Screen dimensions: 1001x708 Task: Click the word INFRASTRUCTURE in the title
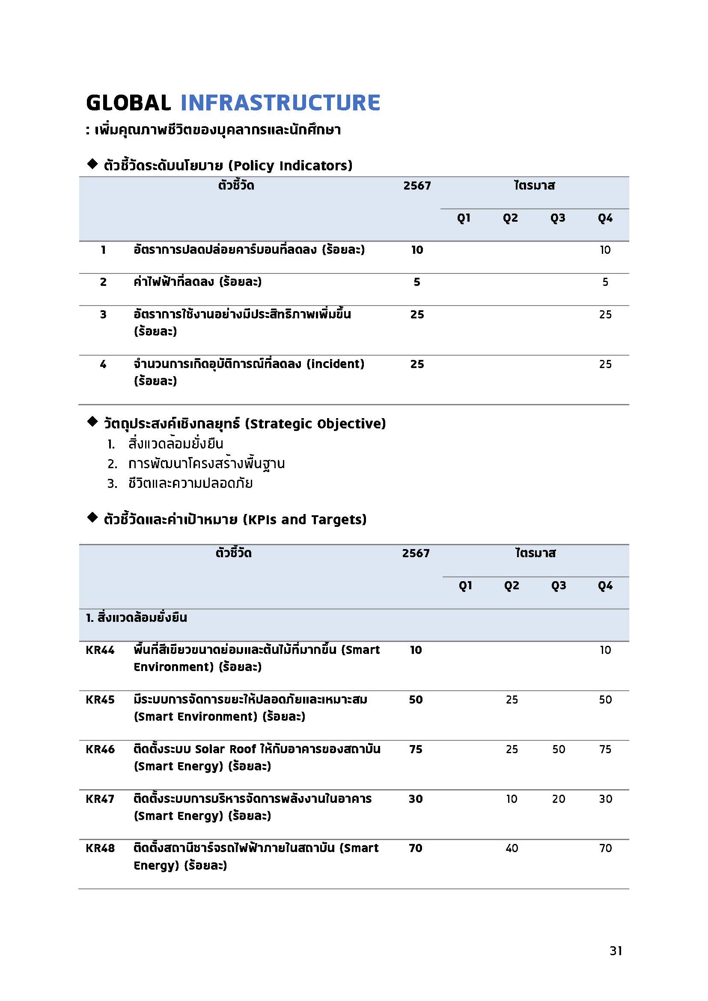pos(280,103)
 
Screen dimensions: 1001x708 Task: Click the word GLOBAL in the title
pos(128,103)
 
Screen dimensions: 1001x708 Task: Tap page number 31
pos(616,951)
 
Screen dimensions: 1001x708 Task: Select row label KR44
pos(100,650)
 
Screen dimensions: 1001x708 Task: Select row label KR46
pos(100,749)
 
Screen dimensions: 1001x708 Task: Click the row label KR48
pos(100,848)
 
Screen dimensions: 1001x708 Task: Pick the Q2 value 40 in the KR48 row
pos(512,848)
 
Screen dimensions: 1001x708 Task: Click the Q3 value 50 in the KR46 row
pos(559,749)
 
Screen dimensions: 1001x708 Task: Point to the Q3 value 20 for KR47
pos(559,799)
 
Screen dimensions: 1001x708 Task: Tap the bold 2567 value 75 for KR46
pos(416,749)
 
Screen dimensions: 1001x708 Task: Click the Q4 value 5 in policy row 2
pos(605,282)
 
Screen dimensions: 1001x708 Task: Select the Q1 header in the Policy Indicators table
pos(464,218)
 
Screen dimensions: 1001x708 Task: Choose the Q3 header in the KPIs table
pos(559,585)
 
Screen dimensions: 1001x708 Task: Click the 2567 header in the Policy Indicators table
pos(417,186)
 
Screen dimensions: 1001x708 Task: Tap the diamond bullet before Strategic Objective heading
pos(92,422)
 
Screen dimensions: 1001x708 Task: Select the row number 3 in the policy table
pos(103,315)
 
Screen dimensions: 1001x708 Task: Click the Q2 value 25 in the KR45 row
pos(512,699)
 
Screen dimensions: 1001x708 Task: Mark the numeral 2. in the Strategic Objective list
pos(112,464)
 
